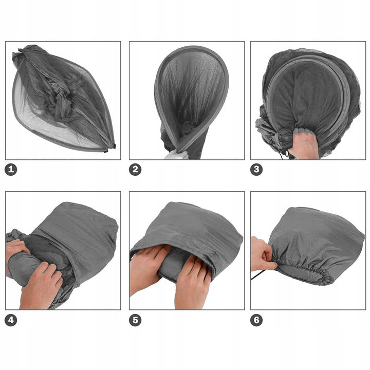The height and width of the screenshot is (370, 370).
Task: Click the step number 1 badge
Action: [11, 170]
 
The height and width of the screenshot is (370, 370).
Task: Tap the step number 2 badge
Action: [135, 170]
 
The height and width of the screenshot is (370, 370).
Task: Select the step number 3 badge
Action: [256, 170]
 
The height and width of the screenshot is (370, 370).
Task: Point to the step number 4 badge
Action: [11, 320]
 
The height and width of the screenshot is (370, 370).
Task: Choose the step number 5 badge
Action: [135, 320]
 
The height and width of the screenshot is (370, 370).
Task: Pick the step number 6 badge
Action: [256, 320]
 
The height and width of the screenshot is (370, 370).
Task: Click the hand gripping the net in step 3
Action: [304, 143]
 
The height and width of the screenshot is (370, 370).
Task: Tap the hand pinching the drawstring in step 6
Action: [263, 255]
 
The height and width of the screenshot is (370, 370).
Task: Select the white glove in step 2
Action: [176, 155]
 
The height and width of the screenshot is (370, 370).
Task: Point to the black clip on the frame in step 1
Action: [114, 146]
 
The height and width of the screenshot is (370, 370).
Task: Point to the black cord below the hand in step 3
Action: [283, 155]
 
